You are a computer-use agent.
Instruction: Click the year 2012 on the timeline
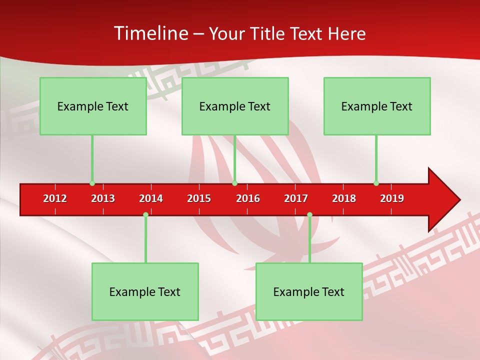coord(55,198)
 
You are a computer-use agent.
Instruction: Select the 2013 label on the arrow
coord(103,198)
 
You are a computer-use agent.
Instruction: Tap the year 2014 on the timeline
coord(151,198)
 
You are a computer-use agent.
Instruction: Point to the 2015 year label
coord(199,198)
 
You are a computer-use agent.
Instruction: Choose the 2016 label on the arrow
coord(248,198)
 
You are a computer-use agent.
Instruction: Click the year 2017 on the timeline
coord(296,198)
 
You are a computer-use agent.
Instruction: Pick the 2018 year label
coord(344,198)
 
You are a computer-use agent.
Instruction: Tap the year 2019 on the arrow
coord(392,198)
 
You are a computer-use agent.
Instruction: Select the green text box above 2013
coord(93,106)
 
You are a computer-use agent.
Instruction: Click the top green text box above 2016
coord(235,106)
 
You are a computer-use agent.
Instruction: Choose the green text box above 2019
coord(377,106)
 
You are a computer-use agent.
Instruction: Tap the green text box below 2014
coord(145,291)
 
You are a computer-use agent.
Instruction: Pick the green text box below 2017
coord(309,291)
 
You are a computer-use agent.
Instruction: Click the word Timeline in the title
coord(150,33)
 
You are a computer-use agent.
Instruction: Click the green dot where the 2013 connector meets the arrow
coord(92,183)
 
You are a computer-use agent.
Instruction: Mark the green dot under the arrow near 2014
coord(145,214)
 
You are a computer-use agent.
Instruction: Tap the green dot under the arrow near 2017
coord(309,214)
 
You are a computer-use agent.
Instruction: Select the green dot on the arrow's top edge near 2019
coord(376,183)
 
